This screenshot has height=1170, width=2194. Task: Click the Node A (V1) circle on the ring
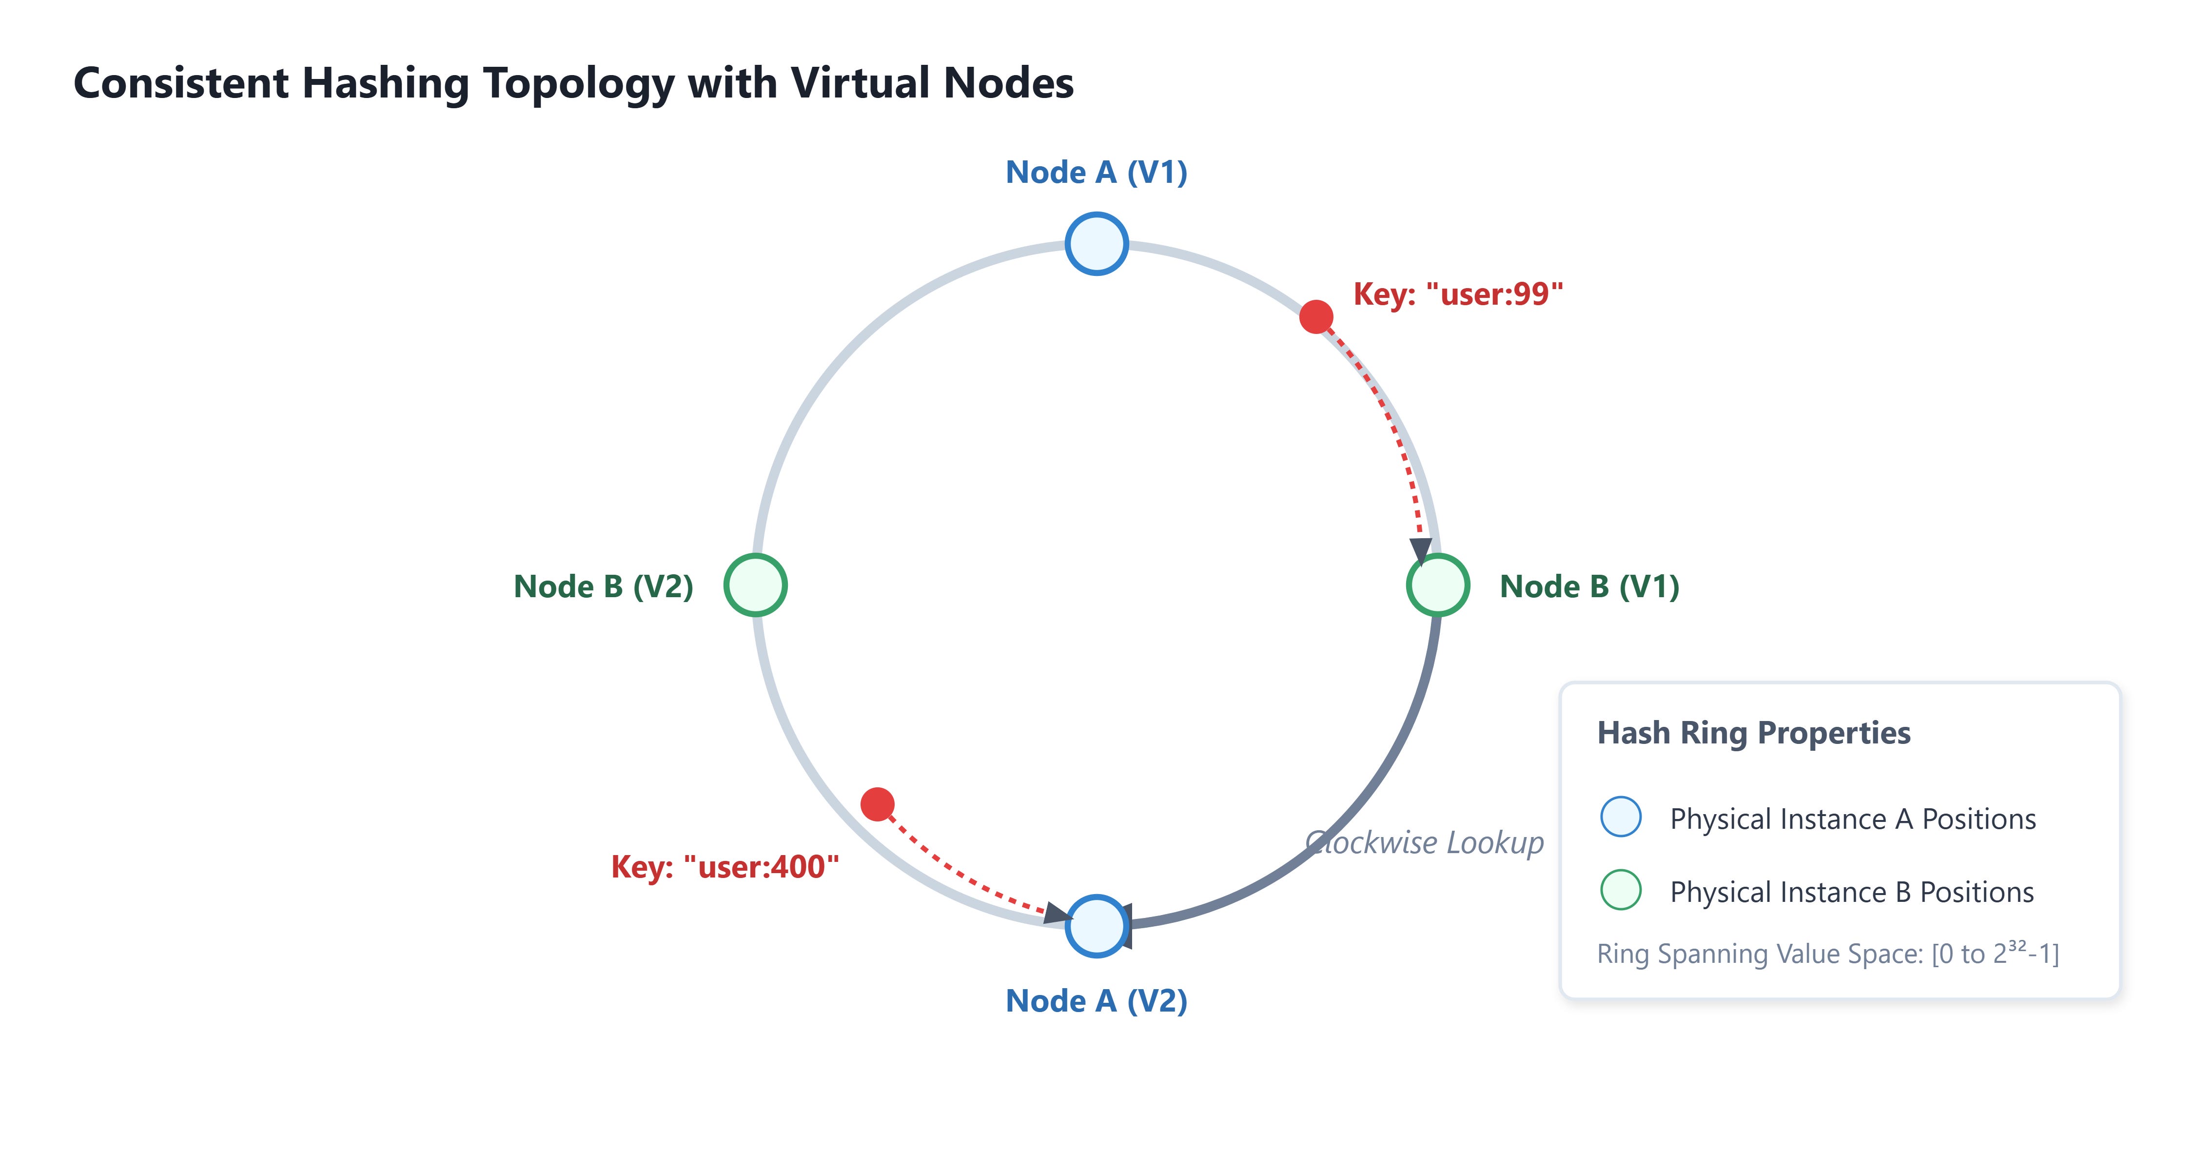point(1097,244)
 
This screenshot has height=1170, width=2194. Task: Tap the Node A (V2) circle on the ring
point(1097,926)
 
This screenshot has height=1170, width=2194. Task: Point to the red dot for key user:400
point(877,804)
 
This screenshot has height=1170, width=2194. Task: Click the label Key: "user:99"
point(1458,294)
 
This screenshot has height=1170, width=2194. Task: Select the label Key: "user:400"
point(725,867)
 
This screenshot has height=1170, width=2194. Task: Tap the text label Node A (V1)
point(1097,173)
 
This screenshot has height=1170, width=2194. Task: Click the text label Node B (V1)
point(1589,586)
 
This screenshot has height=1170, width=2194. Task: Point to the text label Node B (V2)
point(604,586)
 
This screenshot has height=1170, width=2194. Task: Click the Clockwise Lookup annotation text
point(1424,843)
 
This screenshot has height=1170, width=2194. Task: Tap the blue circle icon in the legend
point(1621,817)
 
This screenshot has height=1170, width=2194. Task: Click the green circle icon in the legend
point(1621,890)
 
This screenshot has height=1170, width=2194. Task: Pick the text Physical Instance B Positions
point(1852,893)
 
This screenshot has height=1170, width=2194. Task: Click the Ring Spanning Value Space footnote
point(1828,953)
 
